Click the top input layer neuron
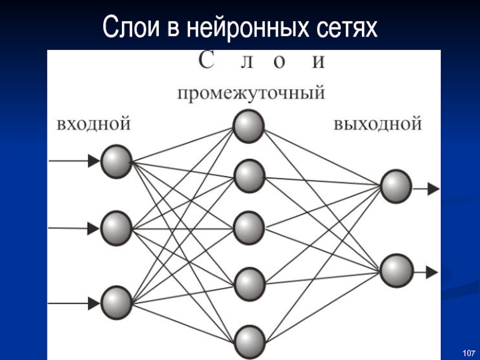pyautogui.click(x=116, y=161)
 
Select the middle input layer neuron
pyautogui.click(x=116, y=227)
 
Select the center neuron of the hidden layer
pyautogui.click(x=249, y=227)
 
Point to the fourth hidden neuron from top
pyautogui.click(x=249, y=282)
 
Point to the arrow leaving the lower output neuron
pyautogui.click(x=426, y=272)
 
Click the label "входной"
pyautogui.click(x=94, y=125)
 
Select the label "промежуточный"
pyautogui.click(x=251, y=94)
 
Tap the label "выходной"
pyautogui.click(x=378, y=125)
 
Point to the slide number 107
pyautogui.click(x=469, y=352)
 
